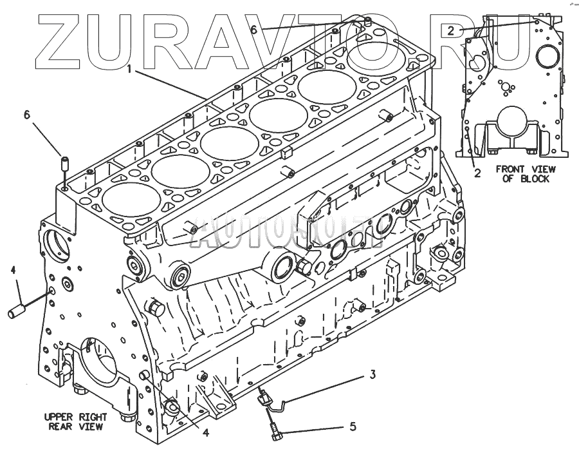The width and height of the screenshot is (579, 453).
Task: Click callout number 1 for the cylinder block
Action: tap(130, 68)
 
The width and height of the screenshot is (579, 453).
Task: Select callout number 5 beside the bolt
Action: tap(353, 426)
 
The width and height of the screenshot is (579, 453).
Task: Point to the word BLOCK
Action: tap(535, 178)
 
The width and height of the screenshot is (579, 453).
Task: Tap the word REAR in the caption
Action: tap(61, 426)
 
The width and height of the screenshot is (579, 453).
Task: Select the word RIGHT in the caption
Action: tap(92, 416)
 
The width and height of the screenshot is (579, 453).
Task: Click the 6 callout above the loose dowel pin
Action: tap(27, 115)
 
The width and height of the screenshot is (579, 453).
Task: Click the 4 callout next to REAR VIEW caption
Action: tap(205, 433)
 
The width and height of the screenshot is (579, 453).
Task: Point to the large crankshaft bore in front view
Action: tap(511, 124)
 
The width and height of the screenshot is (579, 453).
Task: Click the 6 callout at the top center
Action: tap(253, 30)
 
